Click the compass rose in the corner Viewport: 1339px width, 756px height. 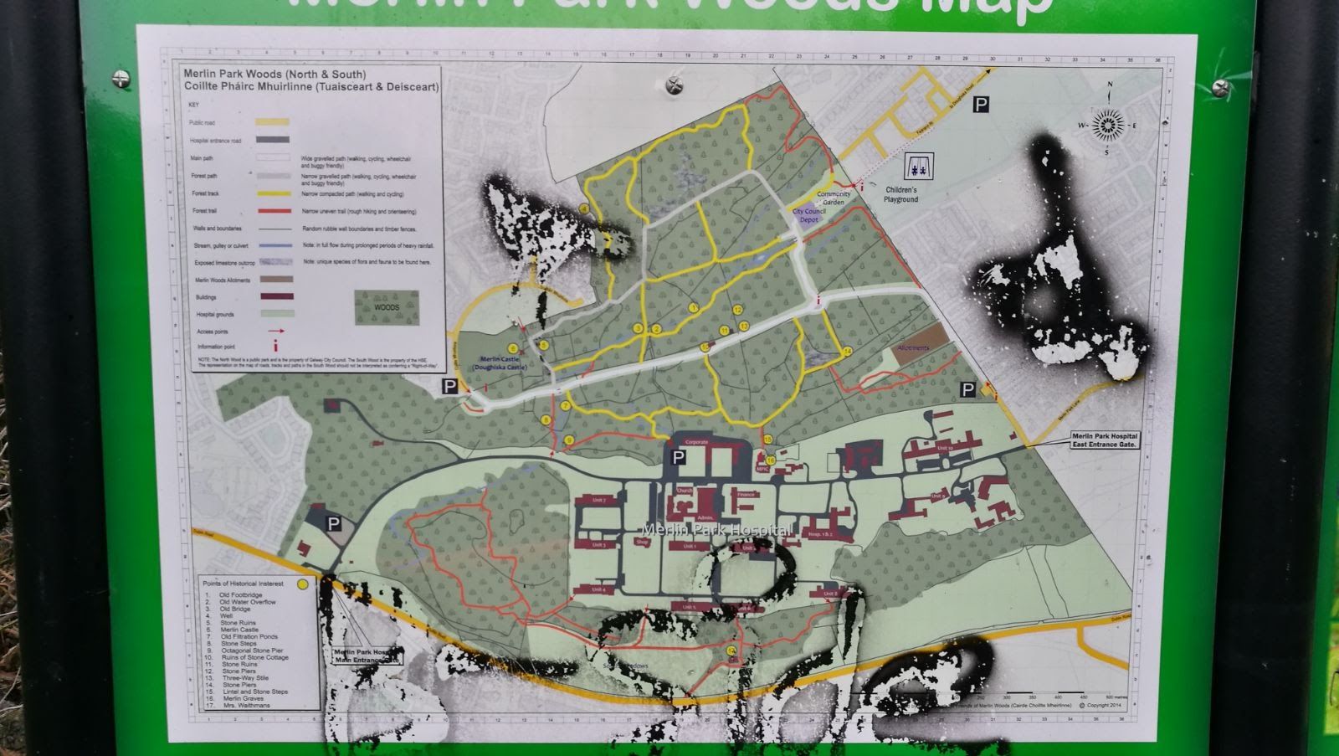(1107, 124)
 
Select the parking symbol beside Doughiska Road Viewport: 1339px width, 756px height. (981, 104)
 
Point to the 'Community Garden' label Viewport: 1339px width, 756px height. (833, 198)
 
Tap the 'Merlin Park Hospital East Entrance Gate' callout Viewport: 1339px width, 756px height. (1106, 440)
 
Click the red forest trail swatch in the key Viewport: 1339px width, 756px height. (274, 211)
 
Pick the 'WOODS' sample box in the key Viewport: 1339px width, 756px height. (386, 307)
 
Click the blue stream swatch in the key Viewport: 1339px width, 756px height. (274, 245)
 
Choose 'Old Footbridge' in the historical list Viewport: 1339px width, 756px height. (240, 595)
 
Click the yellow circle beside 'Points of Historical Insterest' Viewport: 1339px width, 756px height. (302, 583)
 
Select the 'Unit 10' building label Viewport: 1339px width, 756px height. (945, 449)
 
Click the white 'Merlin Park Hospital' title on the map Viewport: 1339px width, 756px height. (716, 529)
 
